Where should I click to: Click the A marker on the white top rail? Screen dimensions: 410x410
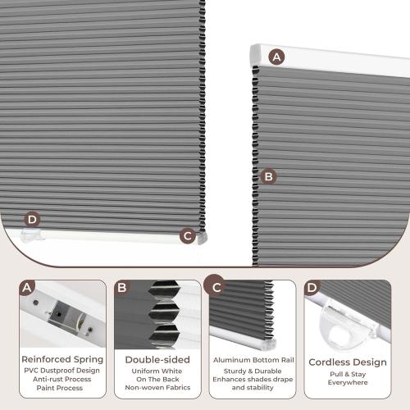pyautogui.click(x=276, y=57)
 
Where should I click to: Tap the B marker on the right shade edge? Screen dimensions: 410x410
pyautogui.click(x=268, y=175)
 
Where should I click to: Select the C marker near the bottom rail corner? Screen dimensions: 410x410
pyautogui.click(x=187, y=235)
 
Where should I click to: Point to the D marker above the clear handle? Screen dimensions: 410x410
pyautogui.click(x=32, y=219)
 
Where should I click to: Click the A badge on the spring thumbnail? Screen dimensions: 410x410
pyautogui.click(x=28, y=288)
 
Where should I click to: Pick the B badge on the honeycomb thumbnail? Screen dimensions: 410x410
pyautogui.click(x=122, y=288)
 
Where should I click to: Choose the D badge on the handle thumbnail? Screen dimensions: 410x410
pyautogui.click(x=312, y=288)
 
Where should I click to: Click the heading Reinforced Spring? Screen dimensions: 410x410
pyautogui.click(x=63, y=359)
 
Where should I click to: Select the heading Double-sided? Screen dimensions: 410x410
pyautogui.click(x=157, y=359)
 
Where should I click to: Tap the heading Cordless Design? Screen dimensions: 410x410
pyautogui.click(x=347, y=362)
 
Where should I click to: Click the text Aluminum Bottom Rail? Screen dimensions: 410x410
pyautogui.click(x=253, y=360)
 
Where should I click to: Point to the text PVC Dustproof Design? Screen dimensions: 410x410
pyautogui.click(x=63, y=370)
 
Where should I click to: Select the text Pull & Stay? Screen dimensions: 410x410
pyautogui.click(x=347, y=373)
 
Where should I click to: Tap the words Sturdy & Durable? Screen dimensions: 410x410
pyautogui.click(x=253, y=370)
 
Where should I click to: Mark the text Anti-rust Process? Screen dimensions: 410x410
pyautogui.click(x=63, y=379)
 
